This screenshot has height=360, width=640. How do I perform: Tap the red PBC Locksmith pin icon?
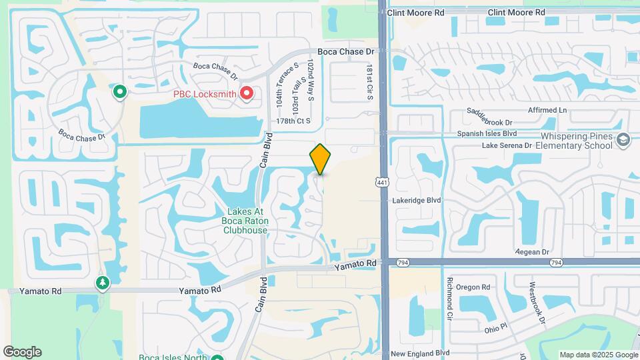pyautogui.click(x=247, y=93)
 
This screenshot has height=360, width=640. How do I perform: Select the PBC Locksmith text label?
pyautogui.click(x=205, y=94)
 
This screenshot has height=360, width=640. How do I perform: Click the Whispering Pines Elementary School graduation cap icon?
pyautogui.click(x=623, y=139)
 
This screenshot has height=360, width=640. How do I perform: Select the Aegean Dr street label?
pyautogui.click(x=531, y=252)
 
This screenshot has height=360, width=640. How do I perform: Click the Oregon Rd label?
pyautogui.click(x=473, y=287)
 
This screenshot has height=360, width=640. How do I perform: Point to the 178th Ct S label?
pyautogui.click(x=294, y=121)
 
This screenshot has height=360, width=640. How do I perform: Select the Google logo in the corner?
pyautogui.click(x=22, y=351)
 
